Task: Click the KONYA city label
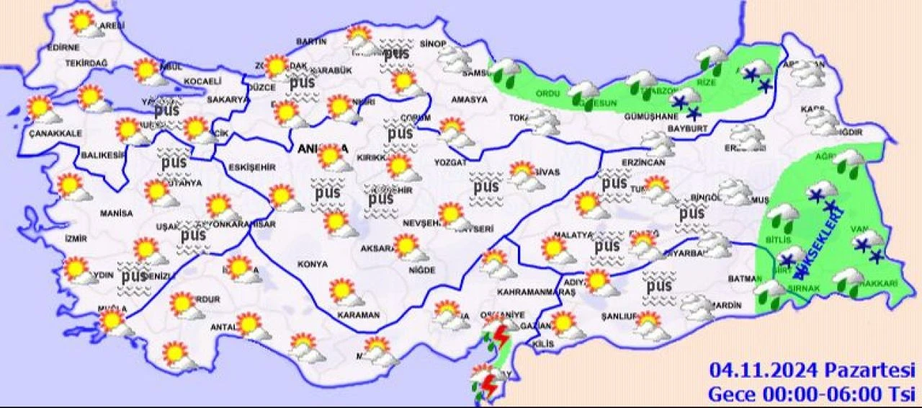(313, 265)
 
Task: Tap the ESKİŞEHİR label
(251, 167)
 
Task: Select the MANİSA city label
(117, 213)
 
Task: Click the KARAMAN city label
(359, 316)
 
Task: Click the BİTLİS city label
(779, 239)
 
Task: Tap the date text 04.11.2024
(763, 371)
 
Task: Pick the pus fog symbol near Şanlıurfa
(659, 285)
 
